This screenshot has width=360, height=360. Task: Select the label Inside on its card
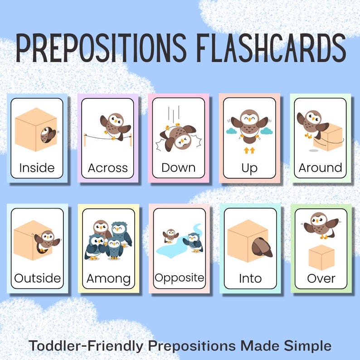coord(37,168)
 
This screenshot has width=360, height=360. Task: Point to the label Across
coord(108,168)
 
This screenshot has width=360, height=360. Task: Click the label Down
coord(178,168)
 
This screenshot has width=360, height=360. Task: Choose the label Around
coord(320,168)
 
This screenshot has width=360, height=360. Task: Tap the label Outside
coord(37,277)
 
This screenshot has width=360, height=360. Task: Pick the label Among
coord(108,278)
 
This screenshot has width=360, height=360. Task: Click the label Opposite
coord(180,277)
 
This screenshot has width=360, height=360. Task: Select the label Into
coord(250,278)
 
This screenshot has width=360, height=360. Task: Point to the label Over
coord(321,278)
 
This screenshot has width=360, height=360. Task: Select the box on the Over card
coord(321,257)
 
